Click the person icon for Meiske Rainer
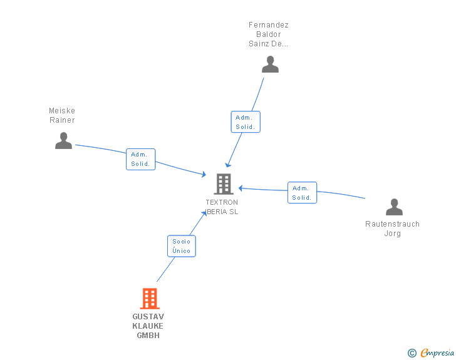64,141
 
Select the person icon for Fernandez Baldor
270,64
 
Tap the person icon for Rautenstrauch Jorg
394,207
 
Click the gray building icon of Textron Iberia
224,184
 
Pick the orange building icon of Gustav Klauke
150,299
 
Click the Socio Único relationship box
182,246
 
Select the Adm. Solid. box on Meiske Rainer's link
141,159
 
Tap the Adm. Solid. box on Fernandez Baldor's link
246,122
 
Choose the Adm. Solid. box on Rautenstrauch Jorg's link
302,192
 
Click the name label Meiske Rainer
62,115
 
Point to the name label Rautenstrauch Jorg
392,229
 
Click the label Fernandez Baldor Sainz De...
269,34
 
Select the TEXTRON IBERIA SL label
222,207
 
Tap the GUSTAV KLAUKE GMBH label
148,326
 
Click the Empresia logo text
437,352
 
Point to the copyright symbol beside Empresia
412,353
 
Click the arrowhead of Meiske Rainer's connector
204,174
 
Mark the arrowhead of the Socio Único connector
204,213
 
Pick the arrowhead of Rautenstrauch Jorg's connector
241,188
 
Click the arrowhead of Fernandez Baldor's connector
228,165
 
